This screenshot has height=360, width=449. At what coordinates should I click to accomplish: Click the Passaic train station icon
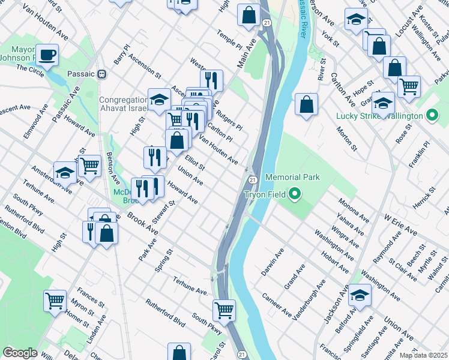102,74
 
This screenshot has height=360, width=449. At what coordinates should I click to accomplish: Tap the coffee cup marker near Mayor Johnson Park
47,55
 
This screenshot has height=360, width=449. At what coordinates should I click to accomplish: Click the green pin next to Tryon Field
294,194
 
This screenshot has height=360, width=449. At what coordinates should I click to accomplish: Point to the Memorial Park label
292,177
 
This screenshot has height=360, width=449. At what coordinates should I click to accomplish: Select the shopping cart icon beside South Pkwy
224,310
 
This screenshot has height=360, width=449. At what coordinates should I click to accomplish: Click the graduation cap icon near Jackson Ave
360,295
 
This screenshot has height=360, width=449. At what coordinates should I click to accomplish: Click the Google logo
20,353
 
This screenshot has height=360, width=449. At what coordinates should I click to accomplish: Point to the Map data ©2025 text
423,355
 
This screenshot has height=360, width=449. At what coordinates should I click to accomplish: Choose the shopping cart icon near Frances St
55,299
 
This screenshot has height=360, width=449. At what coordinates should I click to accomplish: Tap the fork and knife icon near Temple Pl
211,80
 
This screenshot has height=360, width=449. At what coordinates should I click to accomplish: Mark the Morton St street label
346,139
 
